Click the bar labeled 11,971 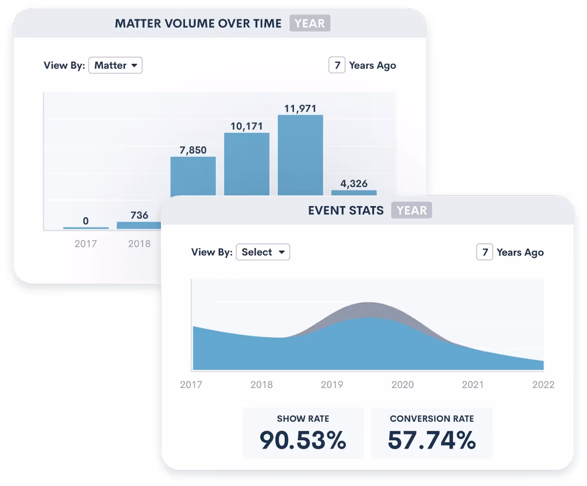tap(300, 155)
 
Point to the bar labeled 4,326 tap(354, 193)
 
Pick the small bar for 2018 tap(139, 225)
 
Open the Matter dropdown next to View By tap(115, 65)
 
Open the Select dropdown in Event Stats tap(263, 252)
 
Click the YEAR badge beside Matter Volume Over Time tap(310, 23)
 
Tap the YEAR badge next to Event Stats tap(412, 211)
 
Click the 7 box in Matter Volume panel tap(337, 65)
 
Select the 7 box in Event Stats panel tap(485, 252)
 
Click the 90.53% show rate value tap(303, 440)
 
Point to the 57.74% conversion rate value tap(432, 440)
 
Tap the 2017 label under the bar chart tap(86, 243)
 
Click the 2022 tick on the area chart tap(543, 385)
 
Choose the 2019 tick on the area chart tap(332, 385)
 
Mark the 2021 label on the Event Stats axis tap(473, 385)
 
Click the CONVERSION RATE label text tap(432, 419)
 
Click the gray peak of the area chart tap(368, 309)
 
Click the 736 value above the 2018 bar tap(139, 215)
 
